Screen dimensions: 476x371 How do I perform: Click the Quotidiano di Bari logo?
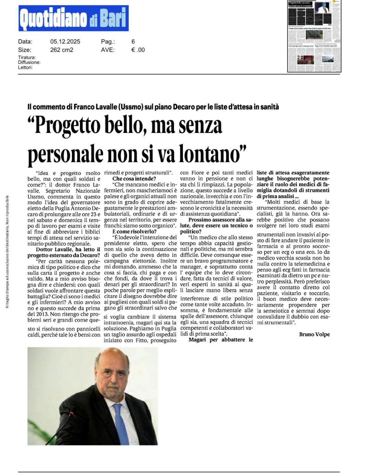[73, 18]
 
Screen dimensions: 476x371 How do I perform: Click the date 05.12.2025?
[65, 42]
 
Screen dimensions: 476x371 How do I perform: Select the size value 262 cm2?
[62, 50]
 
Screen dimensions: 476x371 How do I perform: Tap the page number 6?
[133, 42]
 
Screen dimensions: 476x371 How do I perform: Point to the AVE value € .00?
[138, 50]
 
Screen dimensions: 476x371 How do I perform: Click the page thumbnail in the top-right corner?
[314, 36]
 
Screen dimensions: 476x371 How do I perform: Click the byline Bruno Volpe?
[314, 334]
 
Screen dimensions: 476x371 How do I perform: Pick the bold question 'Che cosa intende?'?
[132, 179]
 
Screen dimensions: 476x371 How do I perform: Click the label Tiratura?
[27, 57]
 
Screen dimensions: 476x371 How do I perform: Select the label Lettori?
[25, 68]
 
